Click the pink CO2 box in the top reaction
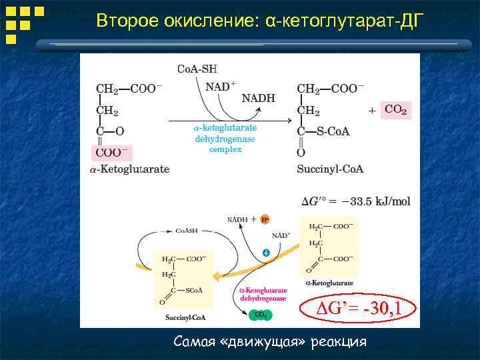395,109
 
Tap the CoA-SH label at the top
197,69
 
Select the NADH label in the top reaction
257,98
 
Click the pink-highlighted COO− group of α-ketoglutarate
112,152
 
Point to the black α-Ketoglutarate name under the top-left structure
129,169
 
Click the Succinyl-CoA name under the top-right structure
330,169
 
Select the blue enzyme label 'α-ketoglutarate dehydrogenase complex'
225,138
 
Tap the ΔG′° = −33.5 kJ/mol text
356,201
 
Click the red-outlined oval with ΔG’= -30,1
359,309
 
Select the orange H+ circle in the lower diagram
265,219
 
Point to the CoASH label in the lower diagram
186,230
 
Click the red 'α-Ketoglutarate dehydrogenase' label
263,295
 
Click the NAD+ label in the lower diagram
281,235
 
